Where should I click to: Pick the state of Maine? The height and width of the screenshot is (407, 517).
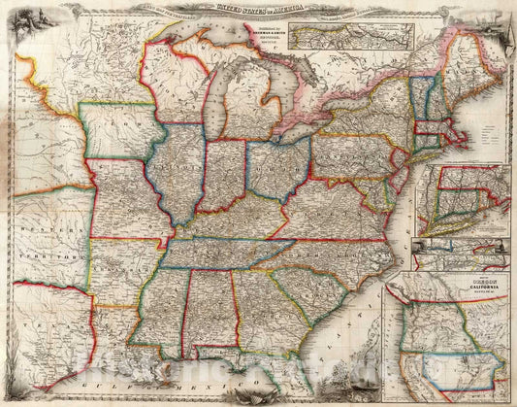point(469,63)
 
